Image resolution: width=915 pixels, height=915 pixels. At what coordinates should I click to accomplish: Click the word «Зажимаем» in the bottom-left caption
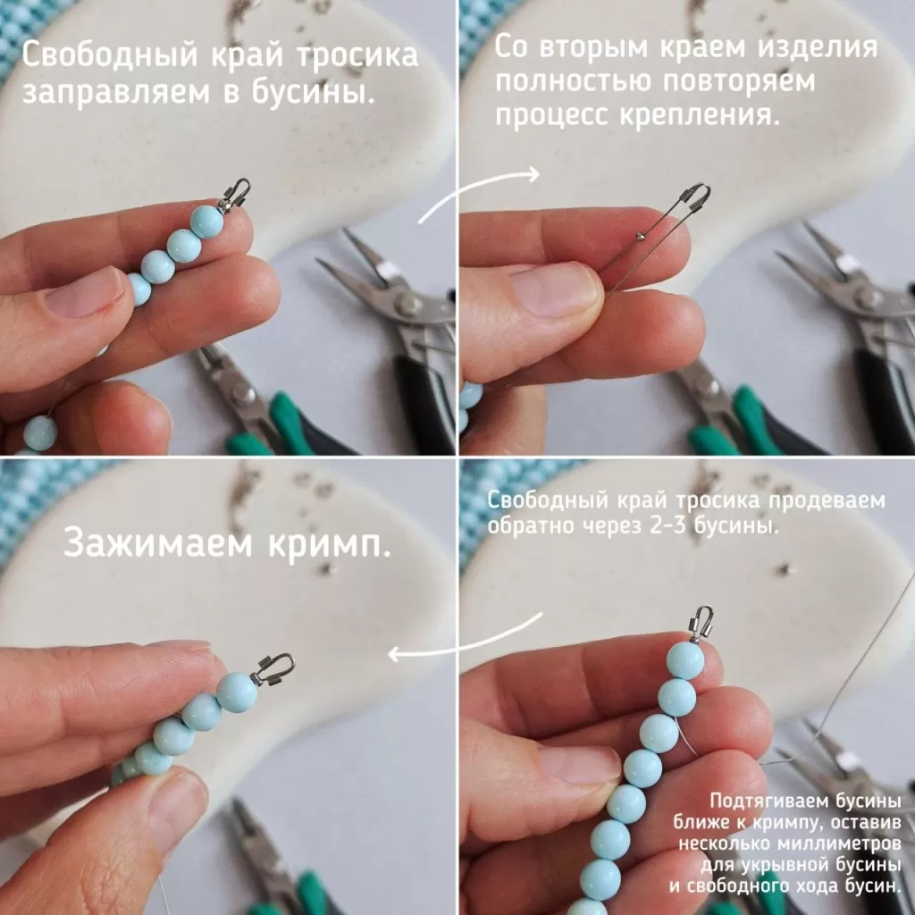[x=157, y=544]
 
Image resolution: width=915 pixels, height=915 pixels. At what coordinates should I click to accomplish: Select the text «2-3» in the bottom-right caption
[x=669, y=525]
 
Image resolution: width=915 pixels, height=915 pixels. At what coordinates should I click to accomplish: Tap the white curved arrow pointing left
[x=464, y=641]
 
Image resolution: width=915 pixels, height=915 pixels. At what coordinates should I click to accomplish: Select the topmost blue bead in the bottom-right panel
[x=686, y=660]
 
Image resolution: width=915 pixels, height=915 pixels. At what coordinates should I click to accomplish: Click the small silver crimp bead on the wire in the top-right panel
[x=640, y=235]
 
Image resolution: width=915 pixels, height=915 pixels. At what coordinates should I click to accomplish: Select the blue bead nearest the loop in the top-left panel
[x=207, y=222]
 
